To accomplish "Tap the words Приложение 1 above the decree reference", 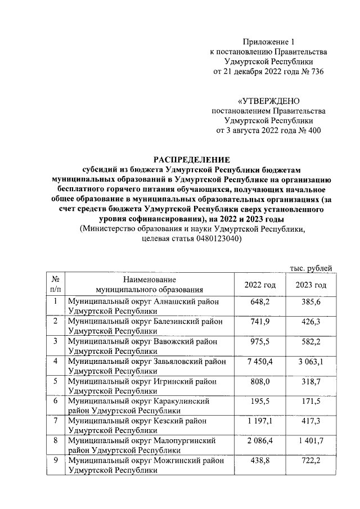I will [268, 42].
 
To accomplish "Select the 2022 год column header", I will [260, 285].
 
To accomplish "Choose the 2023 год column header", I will [311, 285].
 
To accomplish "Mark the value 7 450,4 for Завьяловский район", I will [260, 361].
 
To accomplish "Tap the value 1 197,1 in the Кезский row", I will [260, 421].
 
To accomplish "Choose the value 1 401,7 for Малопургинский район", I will [311, 440].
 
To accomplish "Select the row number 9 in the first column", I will [56, 460].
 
